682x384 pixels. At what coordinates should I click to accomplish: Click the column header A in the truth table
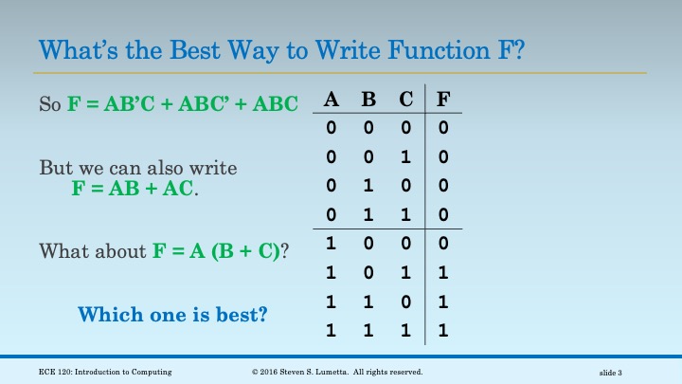coord(332,99)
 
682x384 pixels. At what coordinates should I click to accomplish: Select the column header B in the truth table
coord(369,99)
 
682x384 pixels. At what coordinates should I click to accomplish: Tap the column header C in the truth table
coord(405,99)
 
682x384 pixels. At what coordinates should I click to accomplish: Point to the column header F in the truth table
coord(443,99)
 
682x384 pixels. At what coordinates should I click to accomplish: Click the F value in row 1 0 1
coord(443,274)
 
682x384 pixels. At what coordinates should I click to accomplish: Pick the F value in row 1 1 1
coord(443,333)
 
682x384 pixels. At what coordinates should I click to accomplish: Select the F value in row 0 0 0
coord(443,127)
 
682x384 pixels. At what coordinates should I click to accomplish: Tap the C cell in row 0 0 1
coord(405,156)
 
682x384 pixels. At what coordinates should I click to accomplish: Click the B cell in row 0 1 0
coord(369,186)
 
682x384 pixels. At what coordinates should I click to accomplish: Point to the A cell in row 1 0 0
coord(332,245)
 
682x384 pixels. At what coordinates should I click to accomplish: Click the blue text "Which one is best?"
coord(172,312)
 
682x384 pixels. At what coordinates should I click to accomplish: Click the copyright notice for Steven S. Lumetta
coord(337,371)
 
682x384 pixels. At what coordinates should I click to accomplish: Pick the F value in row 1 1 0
coord(443,303)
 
